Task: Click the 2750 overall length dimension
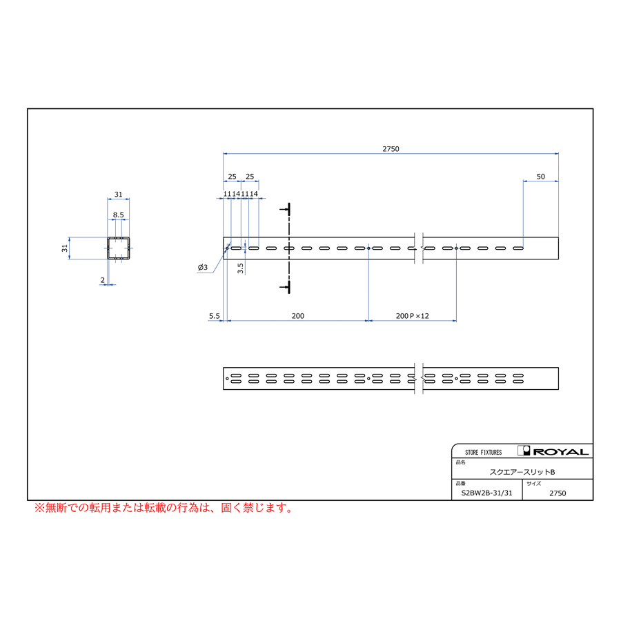(x=391, y=149)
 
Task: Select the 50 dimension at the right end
(x=540, y=177)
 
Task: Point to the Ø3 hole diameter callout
(x=202, y=267)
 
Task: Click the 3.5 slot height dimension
(x=240, y=268)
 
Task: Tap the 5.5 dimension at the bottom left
(x=215, y=316)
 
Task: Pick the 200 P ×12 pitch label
(x=413, y=316)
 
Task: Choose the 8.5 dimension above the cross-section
(x=119, y=215)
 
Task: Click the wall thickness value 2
(x=103, y=280)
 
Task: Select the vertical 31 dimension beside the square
(x=65, y=248)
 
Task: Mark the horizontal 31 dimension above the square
(x=119, y=195)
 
